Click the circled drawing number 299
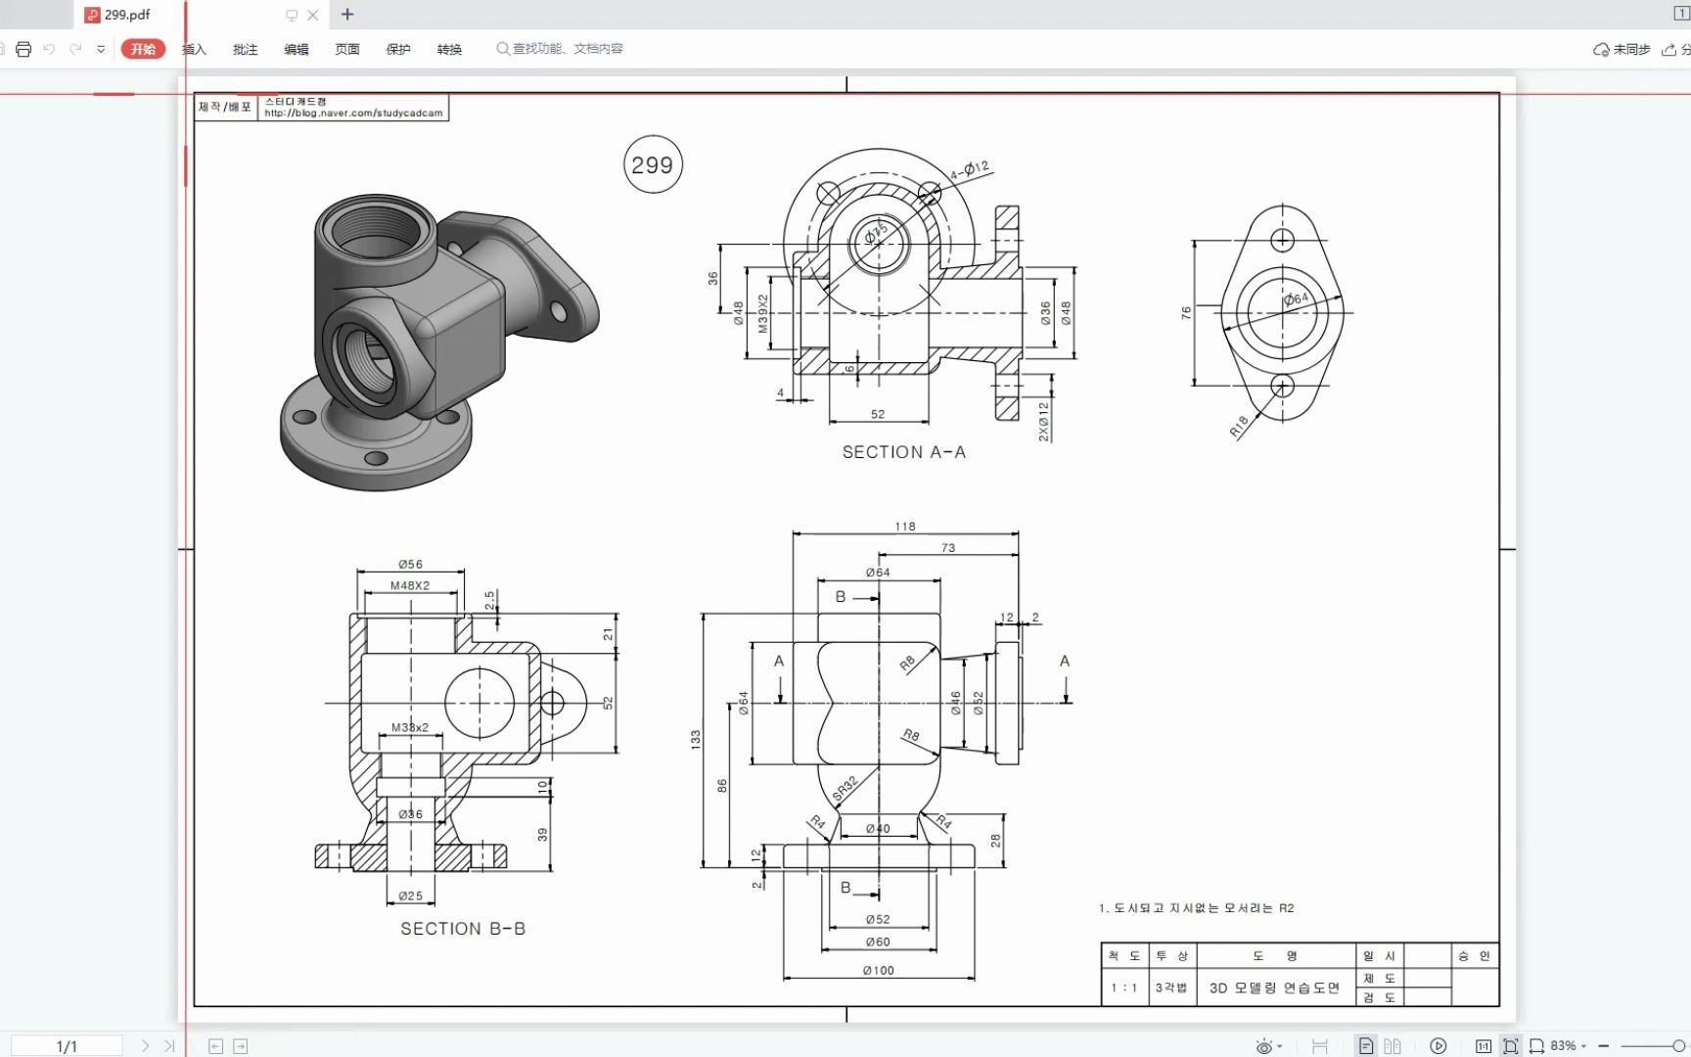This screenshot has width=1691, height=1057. click(x=653, y=164)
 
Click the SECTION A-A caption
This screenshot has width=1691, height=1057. click(x=903, y=452)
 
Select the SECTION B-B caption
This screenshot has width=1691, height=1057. click(x=463, y=929)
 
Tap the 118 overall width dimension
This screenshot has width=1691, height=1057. click(x=905, y=527)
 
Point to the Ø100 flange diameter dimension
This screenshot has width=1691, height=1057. click(x=878, y=970)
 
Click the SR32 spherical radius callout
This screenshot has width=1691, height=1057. click(x=845, y=788)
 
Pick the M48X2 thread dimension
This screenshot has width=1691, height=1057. click(x=410, y=585)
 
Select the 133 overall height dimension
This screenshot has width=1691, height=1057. click(x=696, y=739)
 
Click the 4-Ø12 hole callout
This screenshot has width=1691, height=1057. click(x=970, y=170)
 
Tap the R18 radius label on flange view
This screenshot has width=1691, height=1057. click(x=1239, y=426)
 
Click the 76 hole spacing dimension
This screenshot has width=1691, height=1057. click(x=1186, y=313)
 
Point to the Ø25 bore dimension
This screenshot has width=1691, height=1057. click(x=411, y=896)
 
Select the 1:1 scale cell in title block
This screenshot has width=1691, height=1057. click(x=1123, y=988)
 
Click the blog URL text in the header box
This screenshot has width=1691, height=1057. click(x=353, y=114)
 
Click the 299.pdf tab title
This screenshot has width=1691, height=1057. click(x=127, y=15)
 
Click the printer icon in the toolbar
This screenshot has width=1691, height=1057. click(x=23, y=49)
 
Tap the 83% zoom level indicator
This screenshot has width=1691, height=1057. click(x=1563, y=1045)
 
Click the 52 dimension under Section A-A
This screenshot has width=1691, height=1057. click(x=878, y=414)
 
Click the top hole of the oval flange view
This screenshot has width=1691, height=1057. click(x=1282, y=240)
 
